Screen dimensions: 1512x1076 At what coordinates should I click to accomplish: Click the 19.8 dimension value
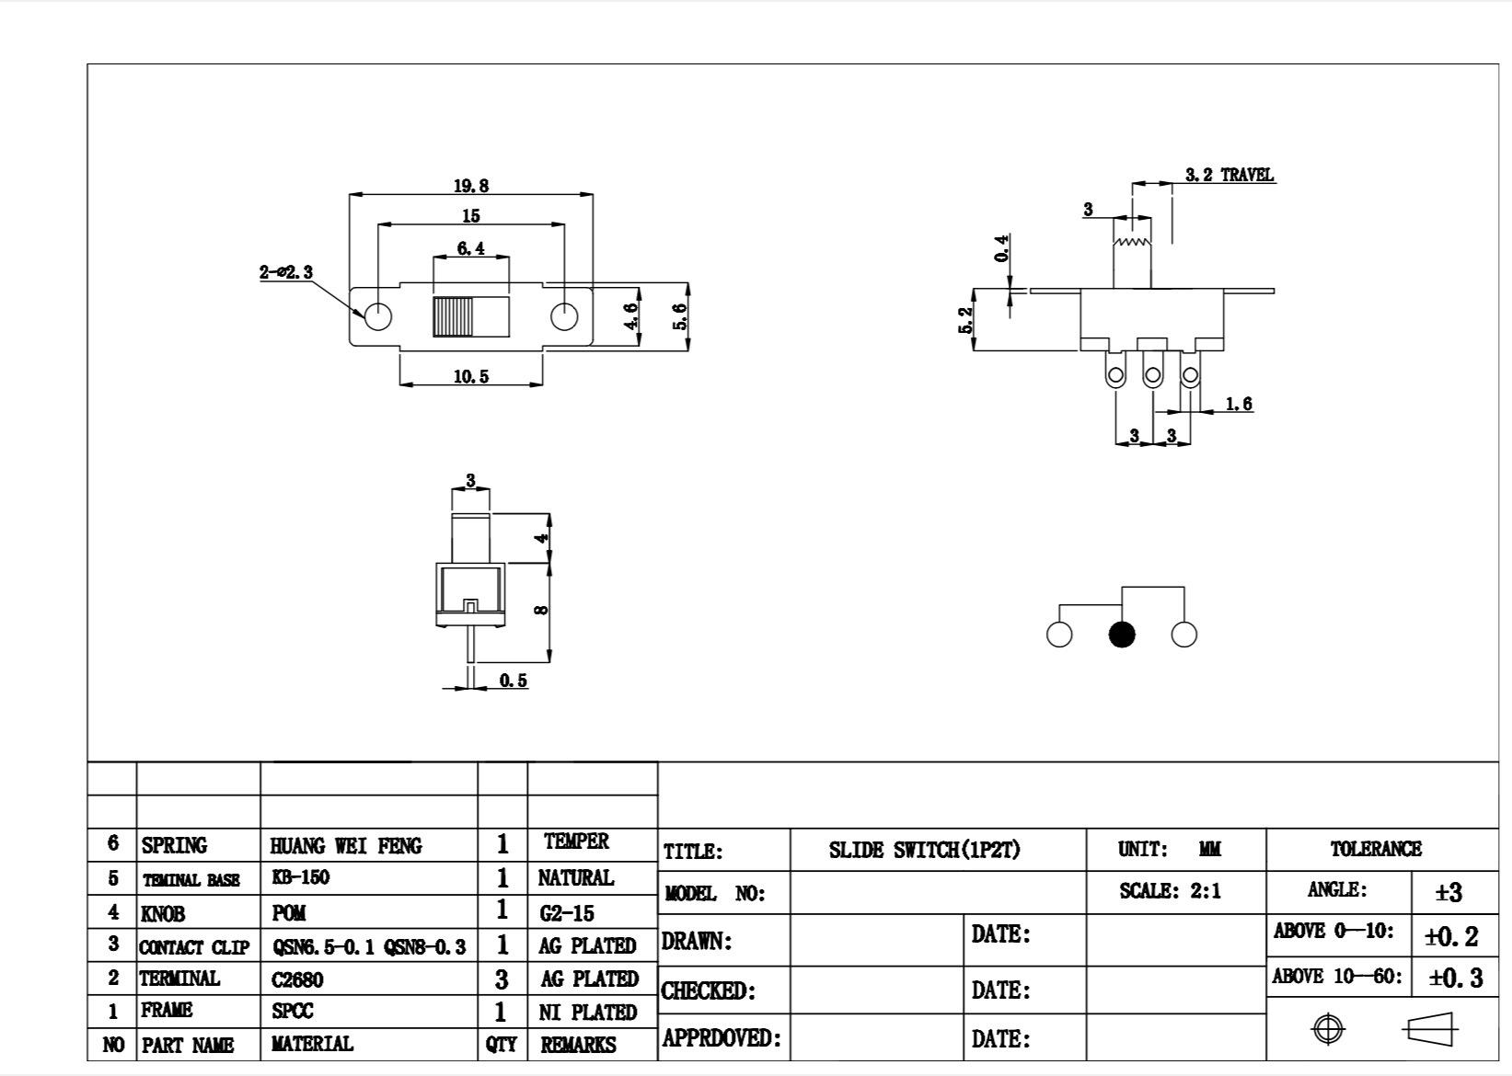[x=470, y=185]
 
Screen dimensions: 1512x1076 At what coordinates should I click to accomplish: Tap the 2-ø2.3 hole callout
[x=286, y=272]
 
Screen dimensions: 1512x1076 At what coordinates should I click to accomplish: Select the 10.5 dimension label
[x=470, y=376]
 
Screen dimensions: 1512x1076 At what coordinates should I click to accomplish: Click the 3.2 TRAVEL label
[x=1229, y=175]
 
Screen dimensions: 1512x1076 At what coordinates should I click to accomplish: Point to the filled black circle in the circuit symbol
[x=1122, y=635]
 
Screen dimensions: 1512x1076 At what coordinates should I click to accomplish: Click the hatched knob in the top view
[x=452, y=316]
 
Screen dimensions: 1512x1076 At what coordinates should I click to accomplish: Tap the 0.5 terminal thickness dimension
[x=513, y=681]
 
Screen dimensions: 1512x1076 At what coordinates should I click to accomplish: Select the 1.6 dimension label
[x=1239, y=404]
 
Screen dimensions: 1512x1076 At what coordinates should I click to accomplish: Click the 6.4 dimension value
[x=470, y=248]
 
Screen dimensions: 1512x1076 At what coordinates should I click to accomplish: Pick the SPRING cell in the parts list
[x=174, y=845]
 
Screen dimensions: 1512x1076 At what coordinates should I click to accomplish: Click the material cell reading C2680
[x=297, y=979]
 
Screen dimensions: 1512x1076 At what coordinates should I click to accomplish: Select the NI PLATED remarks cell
[x=588, y=1012]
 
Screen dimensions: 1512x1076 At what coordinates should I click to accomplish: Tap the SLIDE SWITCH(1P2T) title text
[x=925, y=850]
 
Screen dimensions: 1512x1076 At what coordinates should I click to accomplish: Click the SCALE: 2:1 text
[x=1171, y=891]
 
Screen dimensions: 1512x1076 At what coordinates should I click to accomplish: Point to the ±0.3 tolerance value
[x=1455, y=978]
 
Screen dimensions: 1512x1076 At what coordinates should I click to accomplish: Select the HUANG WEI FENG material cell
[x=346, y=845]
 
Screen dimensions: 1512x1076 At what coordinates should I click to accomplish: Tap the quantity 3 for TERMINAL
[x=502, y=979]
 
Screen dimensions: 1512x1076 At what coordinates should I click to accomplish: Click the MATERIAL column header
[x=312, y=1044]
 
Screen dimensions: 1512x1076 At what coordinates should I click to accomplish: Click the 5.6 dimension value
[x=680, y=316]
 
